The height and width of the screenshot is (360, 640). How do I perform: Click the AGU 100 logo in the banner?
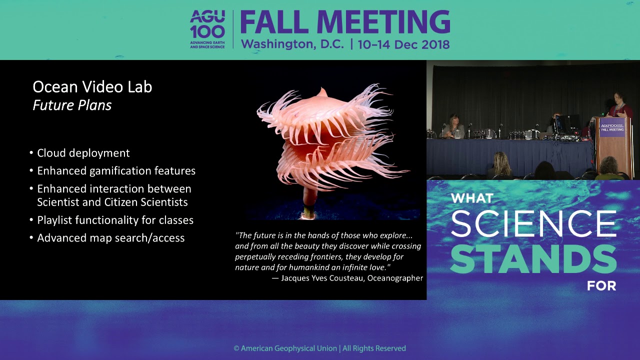(207, 29)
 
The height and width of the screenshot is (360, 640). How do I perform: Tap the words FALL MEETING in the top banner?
(345, 22)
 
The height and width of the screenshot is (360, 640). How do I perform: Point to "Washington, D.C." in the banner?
(292, 44)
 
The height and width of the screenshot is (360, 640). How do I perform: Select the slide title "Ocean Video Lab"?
(92, 87)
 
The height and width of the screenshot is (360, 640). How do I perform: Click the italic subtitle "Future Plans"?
(72, 105)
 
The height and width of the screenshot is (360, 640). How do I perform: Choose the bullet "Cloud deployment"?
(83, 153)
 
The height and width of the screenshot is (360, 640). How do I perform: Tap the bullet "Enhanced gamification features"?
(116, 171)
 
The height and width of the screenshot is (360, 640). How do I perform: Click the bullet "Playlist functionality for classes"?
(115, 220)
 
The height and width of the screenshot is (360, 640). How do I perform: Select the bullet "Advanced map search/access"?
(110, 238)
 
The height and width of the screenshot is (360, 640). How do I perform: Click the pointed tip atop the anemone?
(322, 91)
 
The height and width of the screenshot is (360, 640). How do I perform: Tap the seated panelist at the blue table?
(455, 127)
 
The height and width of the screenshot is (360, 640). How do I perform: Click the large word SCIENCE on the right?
(533, 223)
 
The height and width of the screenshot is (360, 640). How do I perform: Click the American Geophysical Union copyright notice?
(320, 348)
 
